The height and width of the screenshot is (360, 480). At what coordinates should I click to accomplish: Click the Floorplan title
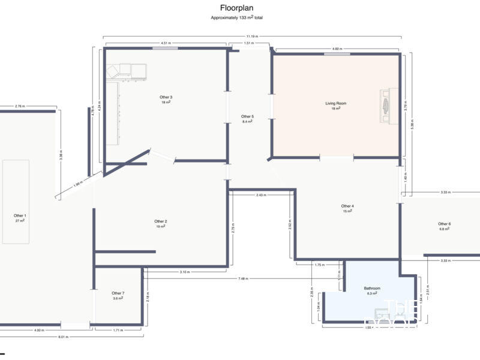[x=236, y=8]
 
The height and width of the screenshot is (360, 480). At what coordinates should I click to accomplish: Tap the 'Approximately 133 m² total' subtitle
[x=236, y=18]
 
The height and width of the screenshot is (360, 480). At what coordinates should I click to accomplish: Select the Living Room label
[x=336, y=103]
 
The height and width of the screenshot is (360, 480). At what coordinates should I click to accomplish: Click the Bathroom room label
[x=372, y=288]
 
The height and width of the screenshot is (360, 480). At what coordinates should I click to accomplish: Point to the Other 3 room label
[x=166, y=97]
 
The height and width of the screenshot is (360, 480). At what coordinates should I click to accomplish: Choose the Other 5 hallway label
[x=247, y=116]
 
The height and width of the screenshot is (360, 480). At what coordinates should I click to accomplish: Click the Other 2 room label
[x=161, y=221]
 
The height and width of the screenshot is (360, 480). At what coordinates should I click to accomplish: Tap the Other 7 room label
[x=118, y=293]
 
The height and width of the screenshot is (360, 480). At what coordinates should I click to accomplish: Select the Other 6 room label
[x=445, y=224]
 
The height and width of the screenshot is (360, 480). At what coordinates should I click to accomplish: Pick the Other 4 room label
[x=347, y=206]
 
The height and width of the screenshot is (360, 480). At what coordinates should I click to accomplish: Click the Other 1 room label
[x=20, y=215]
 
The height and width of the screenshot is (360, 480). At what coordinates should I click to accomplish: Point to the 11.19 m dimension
[x=252, y=37]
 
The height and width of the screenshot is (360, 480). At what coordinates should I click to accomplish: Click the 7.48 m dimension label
[x=243, y=278]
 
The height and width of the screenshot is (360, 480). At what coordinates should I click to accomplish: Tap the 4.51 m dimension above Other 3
[x=166, y=43]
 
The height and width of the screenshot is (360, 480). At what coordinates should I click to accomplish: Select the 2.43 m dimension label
[x=261, y=195]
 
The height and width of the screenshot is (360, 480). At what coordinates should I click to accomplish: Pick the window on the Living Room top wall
[x=337, y=54]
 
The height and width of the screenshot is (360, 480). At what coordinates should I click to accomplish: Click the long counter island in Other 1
[x=16, y=201]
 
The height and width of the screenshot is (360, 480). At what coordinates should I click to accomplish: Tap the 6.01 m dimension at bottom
[x=63, y=337]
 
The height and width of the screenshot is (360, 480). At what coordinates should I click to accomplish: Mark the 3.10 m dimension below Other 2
[x=185, y=272]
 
